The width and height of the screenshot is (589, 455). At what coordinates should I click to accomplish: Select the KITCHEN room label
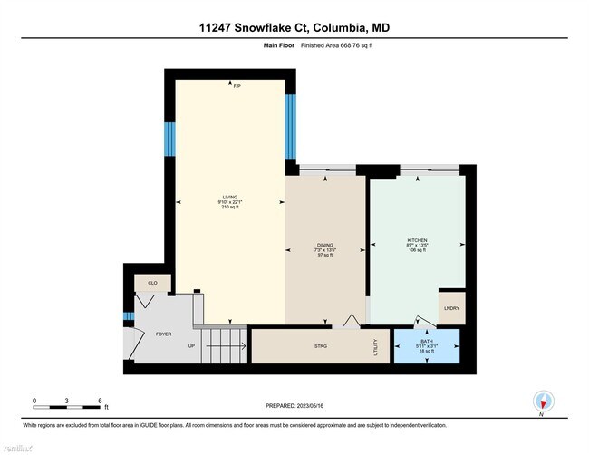coord(418,240)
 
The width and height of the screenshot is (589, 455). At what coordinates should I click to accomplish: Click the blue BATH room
coord(426,345)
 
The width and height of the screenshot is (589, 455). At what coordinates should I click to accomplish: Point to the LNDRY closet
coord(451,308)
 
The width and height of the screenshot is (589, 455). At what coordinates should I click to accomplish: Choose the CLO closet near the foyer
coord(152,284)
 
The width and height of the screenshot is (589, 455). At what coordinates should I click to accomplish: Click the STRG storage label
coord(321,346)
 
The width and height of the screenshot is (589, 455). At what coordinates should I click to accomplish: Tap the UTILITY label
coord(374,345)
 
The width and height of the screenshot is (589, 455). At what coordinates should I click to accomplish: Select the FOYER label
coord(163,334)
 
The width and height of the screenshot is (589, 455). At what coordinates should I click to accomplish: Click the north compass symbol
coord(543,402)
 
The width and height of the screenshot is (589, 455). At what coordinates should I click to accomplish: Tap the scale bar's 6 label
coord(100,400)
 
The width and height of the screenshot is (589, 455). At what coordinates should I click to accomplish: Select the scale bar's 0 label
coord(34,400)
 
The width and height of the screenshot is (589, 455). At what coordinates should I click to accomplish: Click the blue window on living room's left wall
coord(169,139)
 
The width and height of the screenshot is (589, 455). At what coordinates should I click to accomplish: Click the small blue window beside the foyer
coord(129,316)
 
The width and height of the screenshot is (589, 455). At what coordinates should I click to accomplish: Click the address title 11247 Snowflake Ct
coord(294,27)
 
